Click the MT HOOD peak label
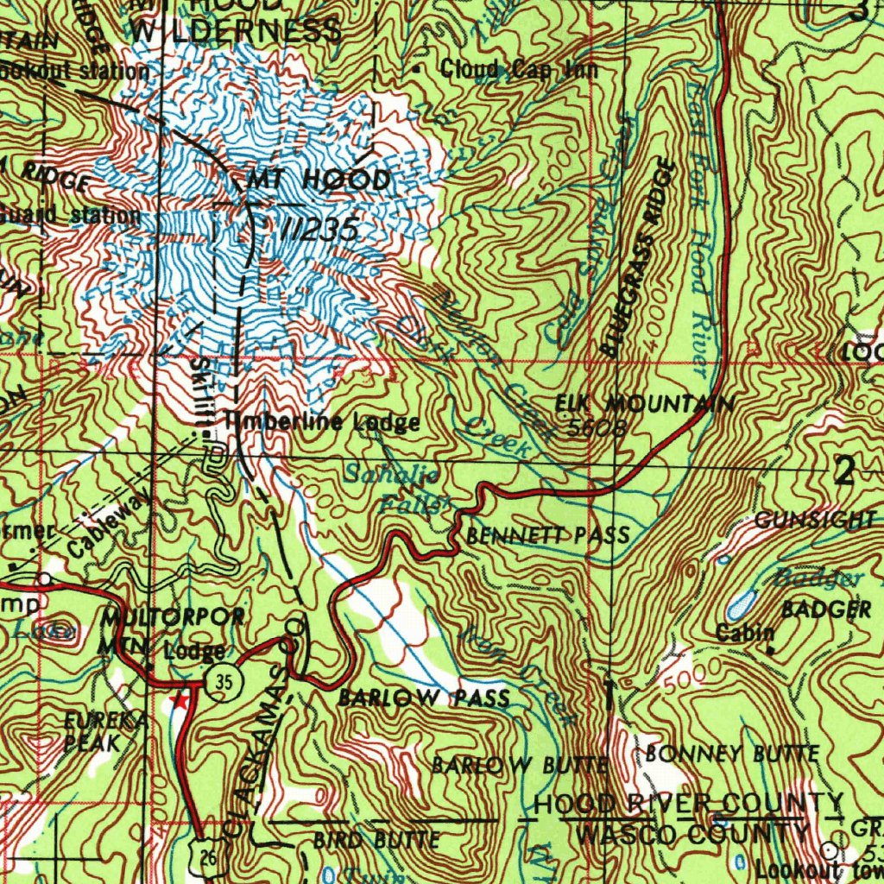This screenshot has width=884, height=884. [319, 180]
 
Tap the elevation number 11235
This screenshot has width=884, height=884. [318, 229]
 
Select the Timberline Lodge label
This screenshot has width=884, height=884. [322, 422]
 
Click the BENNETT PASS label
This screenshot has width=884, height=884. [547, 536]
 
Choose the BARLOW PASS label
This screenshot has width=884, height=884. [424, 698]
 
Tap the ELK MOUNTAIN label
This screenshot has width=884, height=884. [644, 404]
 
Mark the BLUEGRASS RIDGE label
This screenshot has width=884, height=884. [637, 257]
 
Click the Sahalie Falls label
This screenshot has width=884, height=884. [395, 487]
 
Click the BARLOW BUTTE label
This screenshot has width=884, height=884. [521, 765]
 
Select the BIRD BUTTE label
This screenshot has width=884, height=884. [376, 839]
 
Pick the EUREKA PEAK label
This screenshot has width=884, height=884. [94, 730]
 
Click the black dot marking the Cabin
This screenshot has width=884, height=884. [769, 649]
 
